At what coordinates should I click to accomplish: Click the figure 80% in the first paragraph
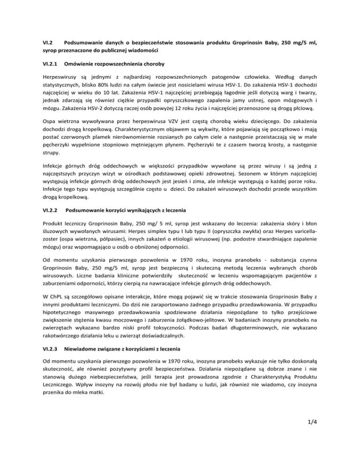pyautogui.click(x=107, y=86)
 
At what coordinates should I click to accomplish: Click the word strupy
pyautogui.click(x=45, y=165)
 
